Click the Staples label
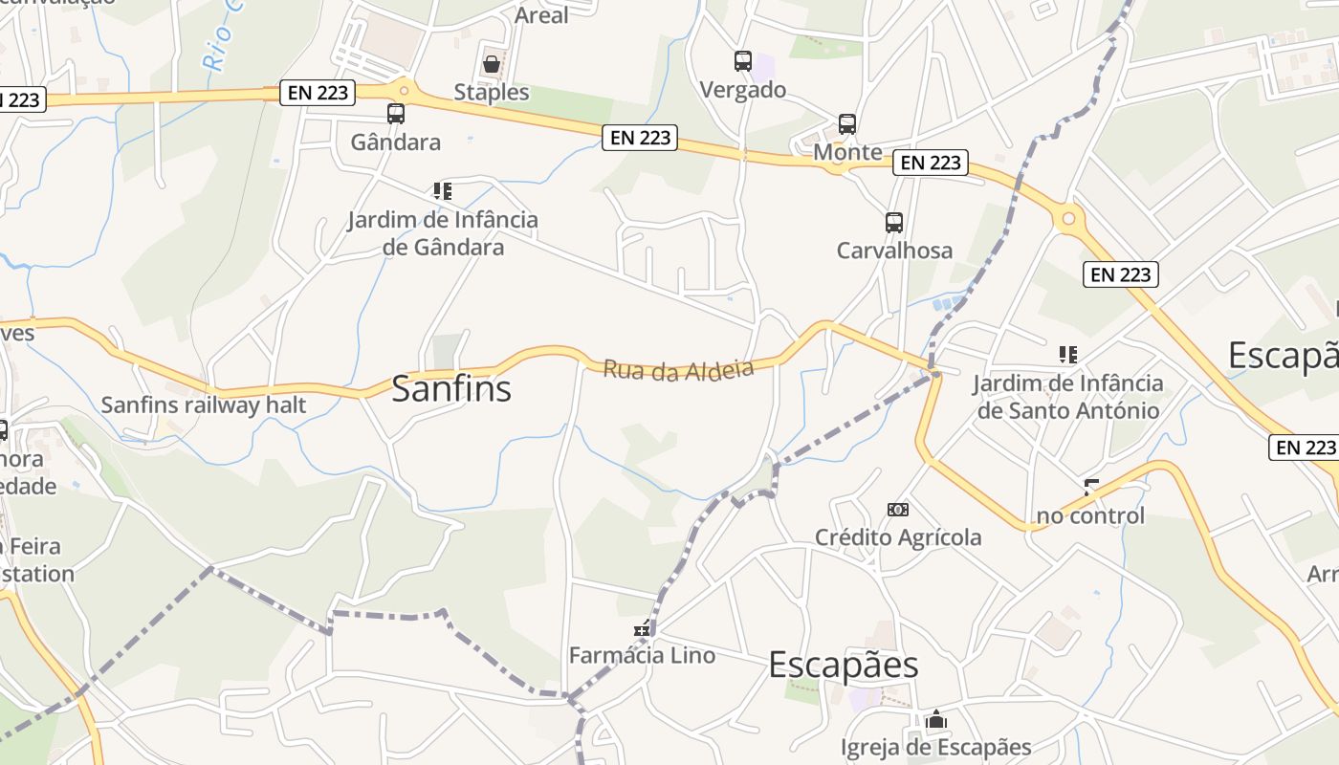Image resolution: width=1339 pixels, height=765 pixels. [x=492, y=92]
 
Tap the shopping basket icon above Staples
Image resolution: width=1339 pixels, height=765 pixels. [x=492, y=64]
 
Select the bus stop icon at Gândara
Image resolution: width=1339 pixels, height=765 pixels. [x=396, y=114]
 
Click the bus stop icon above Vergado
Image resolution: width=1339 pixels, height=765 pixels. [x=743, y=61]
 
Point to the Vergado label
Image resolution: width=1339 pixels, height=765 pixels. [x=743, y=90]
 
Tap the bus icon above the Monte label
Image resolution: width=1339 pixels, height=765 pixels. [x=847, y=124]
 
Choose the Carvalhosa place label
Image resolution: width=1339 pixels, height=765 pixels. [x=894, y=251]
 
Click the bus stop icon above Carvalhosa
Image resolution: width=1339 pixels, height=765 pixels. [x=894, y=223]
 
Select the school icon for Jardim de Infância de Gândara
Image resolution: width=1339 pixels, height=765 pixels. [x=442, y=191]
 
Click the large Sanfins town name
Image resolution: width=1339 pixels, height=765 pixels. [x=451, y=389]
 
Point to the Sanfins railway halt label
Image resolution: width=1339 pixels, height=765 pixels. [x=204, y=404]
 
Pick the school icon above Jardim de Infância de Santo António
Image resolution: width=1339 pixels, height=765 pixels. [x=1068, y=355]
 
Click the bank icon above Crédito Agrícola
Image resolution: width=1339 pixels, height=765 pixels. [x=898, y=510]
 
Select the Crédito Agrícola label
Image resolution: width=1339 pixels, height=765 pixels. [x=898, y=537]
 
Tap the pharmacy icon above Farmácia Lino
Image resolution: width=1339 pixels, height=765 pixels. [x=643, y=629]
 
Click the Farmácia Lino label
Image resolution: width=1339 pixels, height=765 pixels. [x=642, y=656]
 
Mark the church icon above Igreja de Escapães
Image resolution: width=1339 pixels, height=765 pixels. [x=936, y=720]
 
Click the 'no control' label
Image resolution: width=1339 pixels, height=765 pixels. [x=1090, y=516]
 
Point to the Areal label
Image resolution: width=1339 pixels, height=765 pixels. [x=541, y=15]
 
